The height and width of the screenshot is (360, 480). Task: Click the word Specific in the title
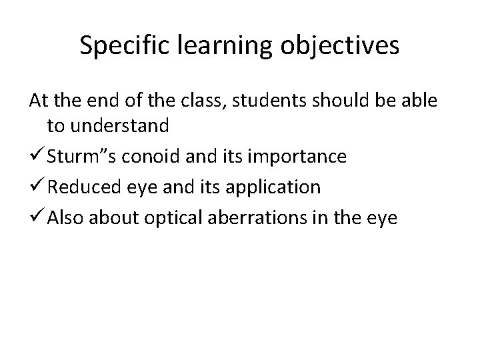tap(121, 45)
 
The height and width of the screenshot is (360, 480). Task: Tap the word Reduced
tap(80, 187)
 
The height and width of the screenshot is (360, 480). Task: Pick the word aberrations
tap(255, 217)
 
